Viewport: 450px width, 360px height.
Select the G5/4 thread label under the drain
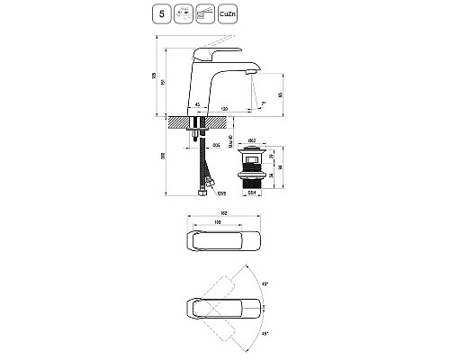tap(253, 190)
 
